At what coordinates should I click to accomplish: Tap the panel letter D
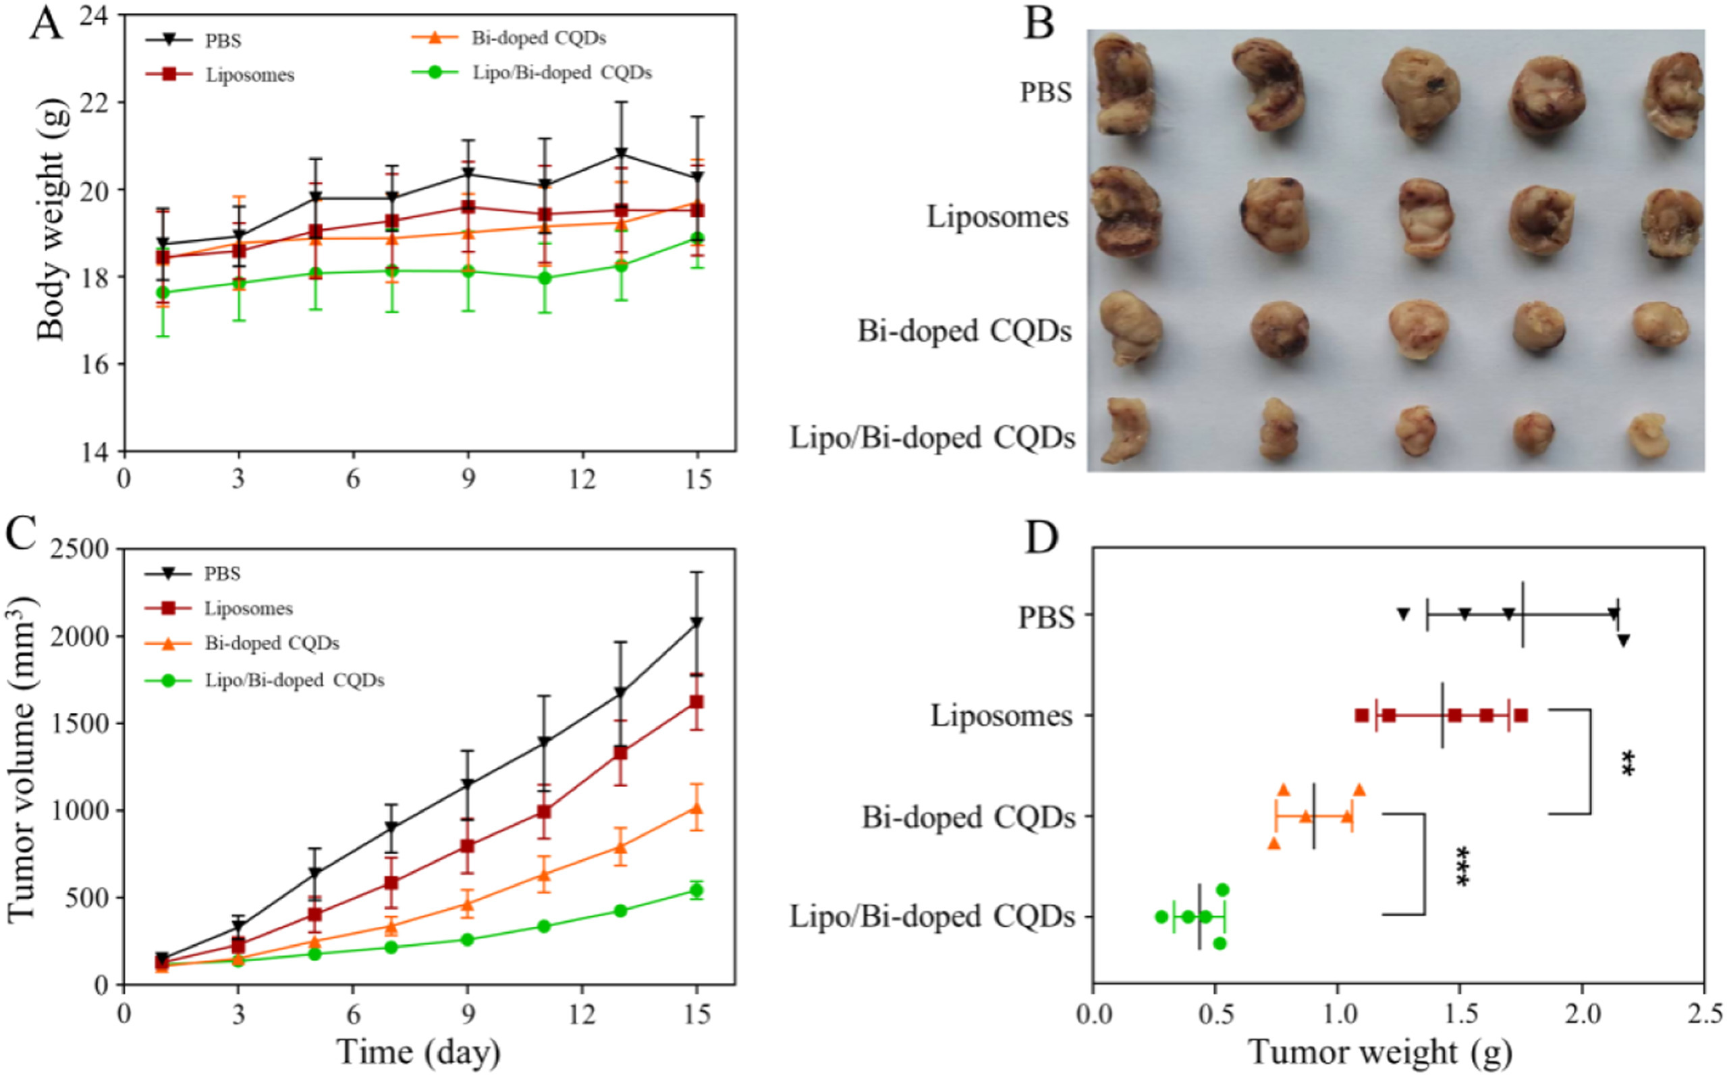coord(1041,539)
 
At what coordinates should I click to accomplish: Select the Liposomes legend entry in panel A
coord(250,76)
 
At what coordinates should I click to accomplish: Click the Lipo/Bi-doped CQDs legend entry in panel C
coord(294,680)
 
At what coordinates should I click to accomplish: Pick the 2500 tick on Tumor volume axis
coord(80,549)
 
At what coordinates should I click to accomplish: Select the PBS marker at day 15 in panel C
coord(697,622)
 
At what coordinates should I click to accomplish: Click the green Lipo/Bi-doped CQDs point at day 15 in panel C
coord(697,890)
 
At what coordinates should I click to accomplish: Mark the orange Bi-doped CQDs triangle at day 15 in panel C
coord(697,809)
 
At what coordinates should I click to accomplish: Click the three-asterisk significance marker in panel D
coord(1462,865)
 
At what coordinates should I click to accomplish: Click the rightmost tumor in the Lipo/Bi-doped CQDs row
coord(1649,435)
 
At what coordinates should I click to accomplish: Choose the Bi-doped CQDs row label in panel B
coord(964,331)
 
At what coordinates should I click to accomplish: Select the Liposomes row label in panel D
coord(1002,716)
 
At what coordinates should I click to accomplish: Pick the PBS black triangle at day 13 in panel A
coord(621,154)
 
